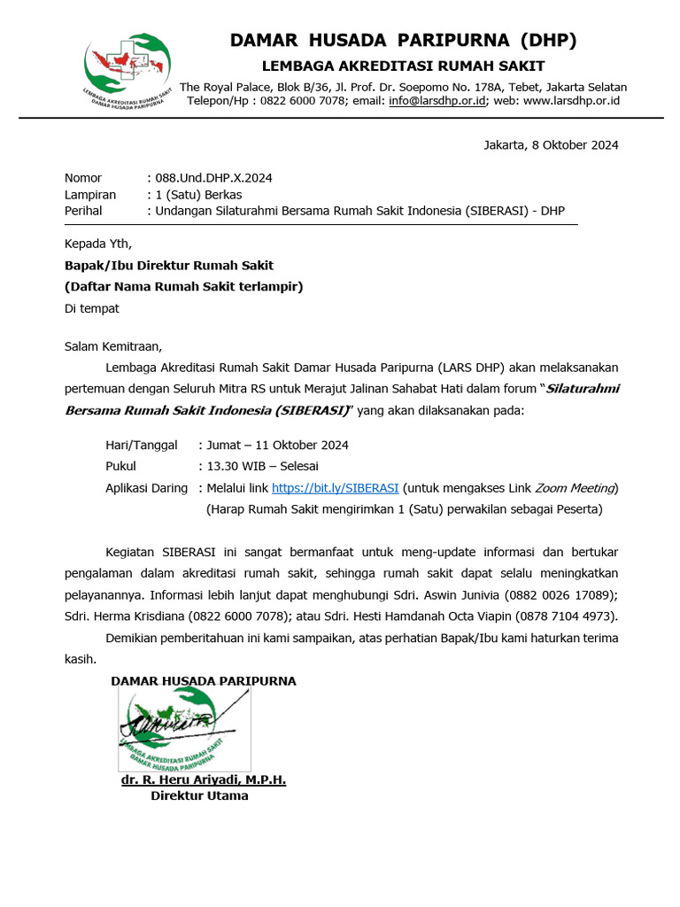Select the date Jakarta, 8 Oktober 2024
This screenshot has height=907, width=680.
551,145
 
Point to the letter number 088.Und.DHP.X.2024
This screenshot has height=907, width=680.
213,178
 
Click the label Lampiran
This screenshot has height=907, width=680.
90,195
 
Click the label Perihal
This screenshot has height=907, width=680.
83,211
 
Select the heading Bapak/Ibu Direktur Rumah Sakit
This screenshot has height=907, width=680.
169,265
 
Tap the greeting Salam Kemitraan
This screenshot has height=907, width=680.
113,346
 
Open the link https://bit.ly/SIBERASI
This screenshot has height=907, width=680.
335,488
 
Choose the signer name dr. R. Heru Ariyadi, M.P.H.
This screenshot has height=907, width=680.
204,780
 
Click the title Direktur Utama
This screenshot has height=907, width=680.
199,795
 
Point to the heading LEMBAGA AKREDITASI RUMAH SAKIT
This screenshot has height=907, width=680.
403,66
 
